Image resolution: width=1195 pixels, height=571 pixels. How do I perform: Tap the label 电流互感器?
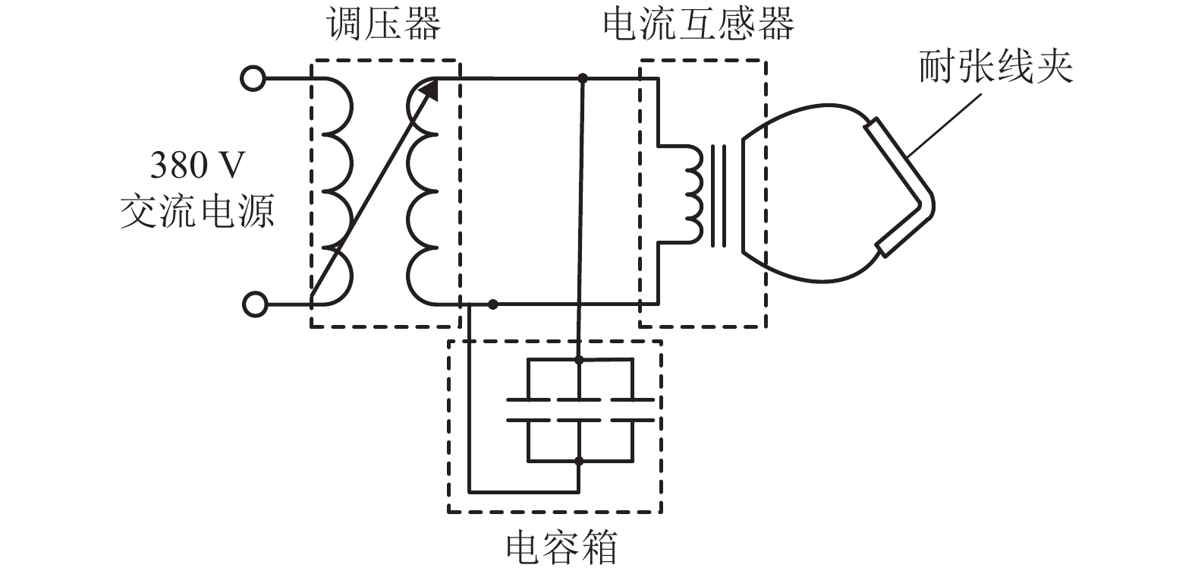(698, 25)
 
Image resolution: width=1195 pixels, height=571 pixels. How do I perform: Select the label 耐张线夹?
(995, 67)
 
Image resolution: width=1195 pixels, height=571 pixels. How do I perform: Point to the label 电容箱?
(562, 546)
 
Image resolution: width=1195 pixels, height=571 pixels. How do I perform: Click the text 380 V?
(199, 165)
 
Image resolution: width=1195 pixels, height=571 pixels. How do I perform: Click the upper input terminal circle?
(253, 78)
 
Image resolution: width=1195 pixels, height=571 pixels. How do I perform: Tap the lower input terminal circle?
(254, 305)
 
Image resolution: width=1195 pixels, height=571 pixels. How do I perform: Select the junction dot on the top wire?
(583, 78)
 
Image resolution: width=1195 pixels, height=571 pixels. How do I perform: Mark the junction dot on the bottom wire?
(493, 304)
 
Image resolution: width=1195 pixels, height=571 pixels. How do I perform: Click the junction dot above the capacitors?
(579, 360)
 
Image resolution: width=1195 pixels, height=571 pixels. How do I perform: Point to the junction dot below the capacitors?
(579, 460)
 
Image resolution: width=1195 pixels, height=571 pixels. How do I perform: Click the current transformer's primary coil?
(693, 194)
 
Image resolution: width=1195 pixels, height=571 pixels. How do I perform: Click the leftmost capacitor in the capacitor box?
(528, 410)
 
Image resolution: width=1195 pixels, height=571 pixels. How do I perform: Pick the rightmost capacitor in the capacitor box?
(632, 410)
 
